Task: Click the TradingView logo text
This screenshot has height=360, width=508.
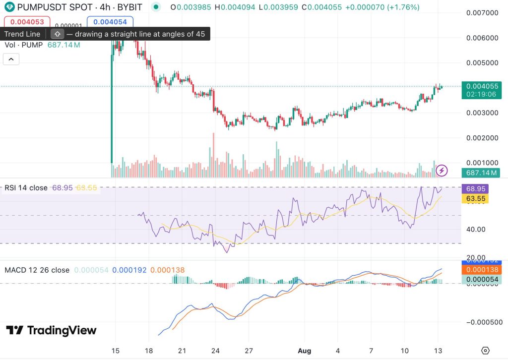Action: [52, 330]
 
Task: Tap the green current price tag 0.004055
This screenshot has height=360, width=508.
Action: [481, 86]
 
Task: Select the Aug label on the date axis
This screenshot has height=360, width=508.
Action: [305, 350]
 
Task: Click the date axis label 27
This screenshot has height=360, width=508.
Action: [249, 350]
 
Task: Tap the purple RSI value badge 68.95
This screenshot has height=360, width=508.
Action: [475, 189]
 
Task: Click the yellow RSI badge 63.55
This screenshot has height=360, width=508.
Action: [475, 198]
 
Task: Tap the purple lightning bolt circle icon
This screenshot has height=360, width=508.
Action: [442, 171]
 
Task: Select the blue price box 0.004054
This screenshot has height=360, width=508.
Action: [110, 21]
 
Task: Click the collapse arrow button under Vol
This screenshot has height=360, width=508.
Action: [11, 59]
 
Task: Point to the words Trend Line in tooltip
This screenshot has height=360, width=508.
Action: [22, 34]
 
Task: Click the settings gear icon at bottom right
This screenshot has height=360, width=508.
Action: [485, 350]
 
